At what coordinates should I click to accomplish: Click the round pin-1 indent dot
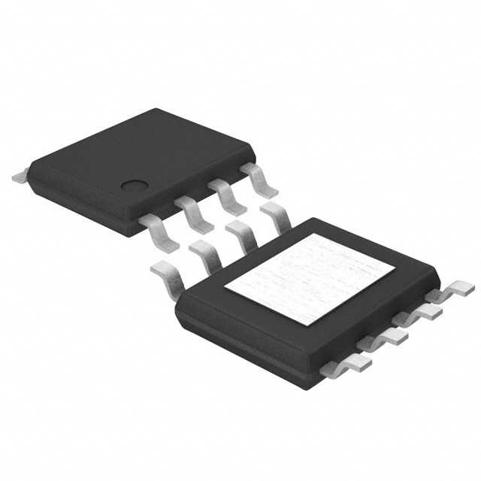tap(135, 189)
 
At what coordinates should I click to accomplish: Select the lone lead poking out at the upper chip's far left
tap(20, 178)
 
